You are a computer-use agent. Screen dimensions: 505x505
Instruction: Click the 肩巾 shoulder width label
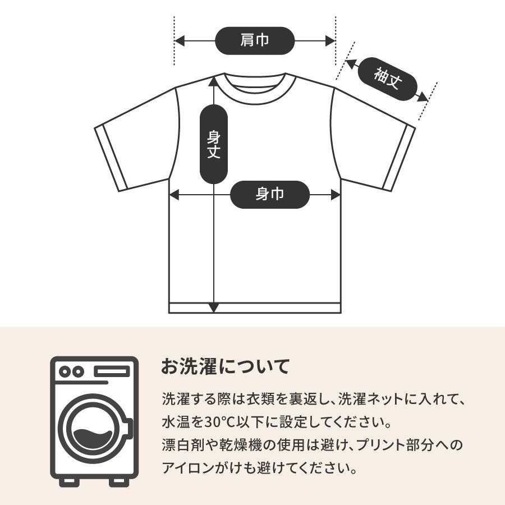pyautogui.click(x=255, y=40)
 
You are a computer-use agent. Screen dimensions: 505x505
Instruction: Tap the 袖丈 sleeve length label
pyautogui.click(x=388, y=79)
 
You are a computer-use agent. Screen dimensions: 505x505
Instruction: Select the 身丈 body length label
pyautogui.click(x=214, y=144)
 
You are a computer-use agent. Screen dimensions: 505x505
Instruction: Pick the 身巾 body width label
pyautogui.click(x=270, y=195)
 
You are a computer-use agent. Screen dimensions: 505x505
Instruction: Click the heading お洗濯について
pyautogui.click(x=225, y=367)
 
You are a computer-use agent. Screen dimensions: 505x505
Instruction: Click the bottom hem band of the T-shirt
pyautogui.click(x=255, y=308)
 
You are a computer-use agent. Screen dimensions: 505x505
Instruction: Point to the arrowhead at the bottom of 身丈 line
pyautogui.click(x=214, y=307)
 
